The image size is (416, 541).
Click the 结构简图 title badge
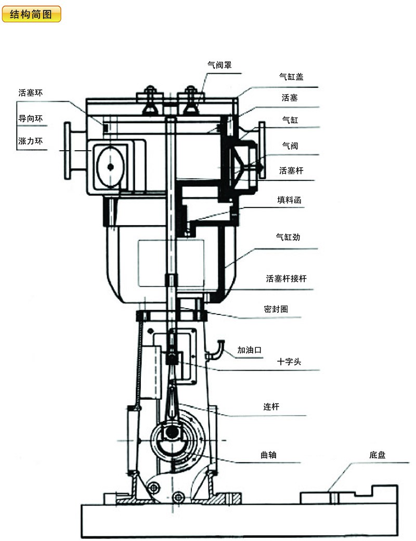tap(31, 14)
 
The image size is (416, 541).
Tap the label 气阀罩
tap(219, 65)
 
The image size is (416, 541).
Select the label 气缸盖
tap(291, 77)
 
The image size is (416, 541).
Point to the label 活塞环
tap(30, 94)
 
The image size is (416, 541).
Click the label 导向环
tap(30, 118)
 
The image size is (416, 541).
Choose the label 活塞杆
tap(291, 170)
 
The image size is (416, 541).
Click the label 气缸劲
tap(288, 237)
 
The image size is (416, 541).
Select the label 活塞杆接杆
tap(286, 279)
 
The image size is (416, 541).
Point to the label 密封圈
tap(276, 309)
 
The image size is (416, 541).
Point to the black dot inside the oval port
tap(111, 167)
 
